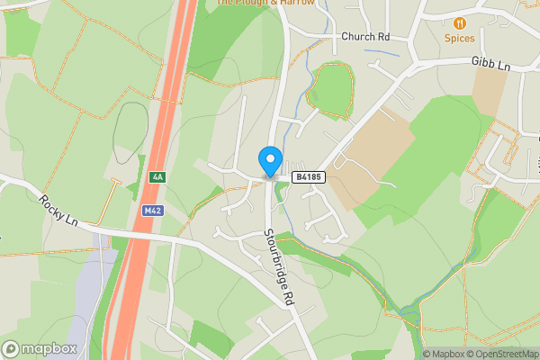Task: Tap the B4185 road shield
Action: [308, 177]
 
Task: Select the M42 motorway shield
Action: [152, 210]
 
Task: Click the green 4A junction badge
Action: [157, 177]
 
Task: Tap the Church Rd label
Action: [365, 37]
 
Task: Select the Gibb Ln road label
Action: [490, 64]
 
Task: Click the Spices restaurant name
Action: [460, 39]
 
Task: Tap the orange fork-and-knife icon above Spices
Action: [460, 22]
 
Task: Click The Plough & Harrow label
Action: [265, 3]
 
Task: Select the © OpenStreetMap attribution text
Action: [500, 354]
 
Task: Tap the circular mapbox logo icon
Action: [12, 349]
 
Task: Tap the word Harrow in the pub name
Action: [296, 3]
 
